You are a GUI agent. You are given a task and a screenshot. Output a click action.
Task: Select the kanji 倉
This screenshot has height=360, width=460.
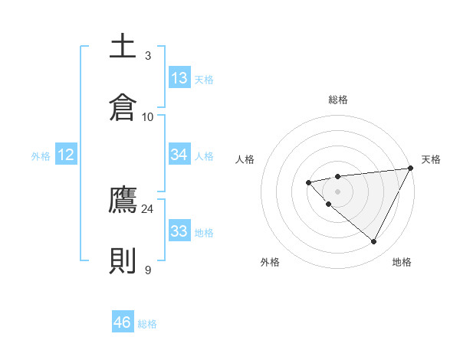point(123,106)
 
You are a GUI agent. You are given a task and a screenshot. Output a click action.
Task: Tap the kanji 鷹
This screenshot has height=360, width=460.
point(123,201)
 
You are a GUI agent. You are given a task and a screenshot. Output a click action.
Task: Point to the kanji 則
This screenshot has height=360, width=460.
point(123,260)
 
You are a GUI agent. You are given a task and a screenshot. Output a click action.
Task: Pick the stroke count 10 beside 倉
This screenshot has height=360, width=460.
point(148,116)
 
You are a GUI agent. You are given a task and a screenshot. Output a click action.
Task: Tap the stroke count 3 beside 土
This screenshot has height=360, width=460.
point(148,56)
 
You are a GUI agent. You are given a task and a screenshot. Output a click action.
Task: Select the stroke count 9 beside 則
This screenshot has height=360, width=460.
point(148,270)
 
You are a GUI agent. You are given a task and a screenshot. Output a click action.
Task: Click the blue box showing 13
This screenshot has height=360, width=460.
point(179,78)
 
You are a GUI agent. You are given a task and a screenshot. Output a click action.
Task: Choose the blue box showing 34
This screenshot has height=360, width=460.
point(179,155)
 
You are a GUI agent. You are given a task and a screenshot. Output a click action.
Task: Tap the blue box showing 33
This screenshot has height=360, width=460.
point(179,231)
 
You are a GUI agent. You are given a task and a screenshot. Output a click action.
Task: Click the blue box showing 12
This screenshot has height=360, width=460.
point(66,155)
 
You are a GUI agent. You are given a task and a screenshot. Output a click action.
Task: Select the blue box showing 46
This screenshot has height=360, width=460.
point(123,322)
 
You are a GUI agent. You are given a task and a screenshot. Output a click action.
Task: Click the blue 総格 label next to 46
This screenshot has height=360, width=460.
point(147,324)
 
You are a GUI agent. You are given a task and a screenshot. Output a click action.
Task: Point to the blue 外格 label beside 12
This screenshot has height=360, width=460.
point(41,156)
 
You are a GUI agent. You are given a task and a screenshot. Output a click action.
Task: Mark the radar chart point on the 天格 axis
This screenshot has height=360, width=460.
point(411,169)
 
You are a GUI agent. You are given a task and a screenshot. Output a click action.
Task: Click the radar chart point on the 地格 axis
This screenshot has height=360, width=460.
point(374,242)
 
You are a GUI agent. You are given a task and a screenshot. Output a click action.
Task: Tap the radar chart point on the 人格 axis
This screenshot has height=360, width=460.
point(308,182)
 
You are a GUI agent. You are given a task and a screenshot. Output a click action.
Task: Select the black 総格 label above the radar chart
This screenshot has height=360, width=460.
point(337,100)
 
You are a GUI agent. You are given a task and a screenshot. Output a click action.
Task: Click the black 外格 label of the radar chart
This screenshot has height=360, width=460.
point(270,263)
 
